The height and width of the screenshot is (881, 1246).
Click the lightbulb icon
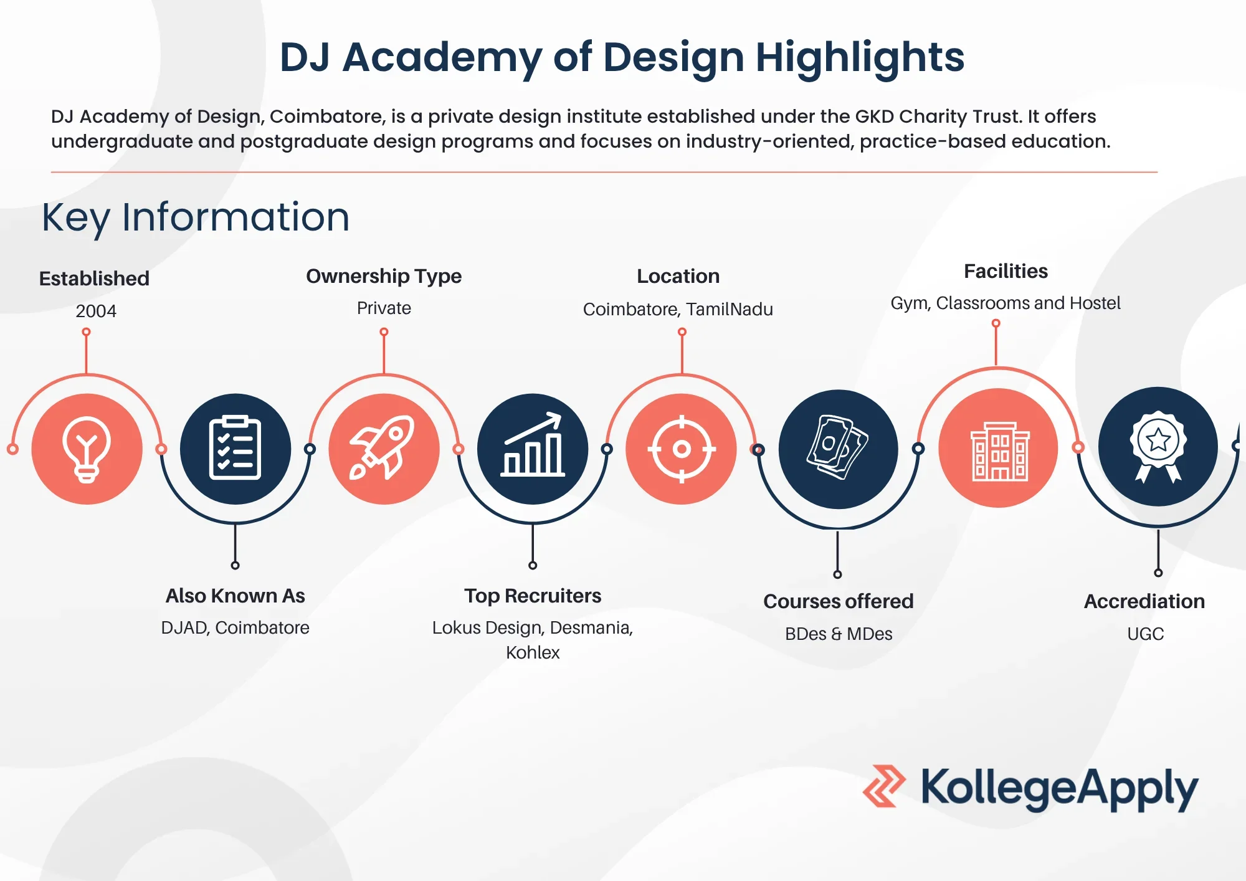click(87, 449)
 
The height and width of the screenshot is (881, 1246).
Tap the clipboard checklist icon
click(235, 449)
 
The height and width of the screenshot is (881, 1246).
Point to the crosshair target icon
click(682, 449)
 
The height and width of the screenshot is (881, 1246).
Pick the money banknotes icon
click(838, 449)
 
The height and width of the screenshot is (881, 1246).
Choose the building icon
click(999, 449)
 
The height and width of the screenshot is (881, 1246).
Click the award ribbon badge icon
click(1158, 446)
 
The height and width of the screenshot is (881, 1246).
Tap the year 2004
click(96, 311)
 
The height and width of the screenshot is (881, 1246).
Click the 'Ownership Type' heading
click(384, 276)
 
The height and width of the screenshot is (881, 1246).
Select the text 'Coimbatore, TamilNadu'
click(678, 309)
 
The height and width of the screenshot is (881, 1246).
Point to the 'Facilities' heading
click(1006, 271)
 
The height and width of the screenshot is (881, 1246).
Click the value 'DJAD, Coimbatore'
click(235, 627)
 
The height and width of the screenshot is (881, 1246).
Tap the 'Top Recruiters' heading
click(533, 596)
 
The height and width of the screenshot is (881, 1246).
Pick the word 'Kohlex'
click(533, 652)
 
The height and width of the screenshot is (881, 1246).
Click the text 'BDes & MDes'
click(839, 634)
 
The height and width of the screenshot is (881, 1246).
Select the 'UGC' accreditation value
click(1145, 634)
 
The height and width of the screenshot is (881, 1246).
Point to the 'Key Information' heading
click(196, 217)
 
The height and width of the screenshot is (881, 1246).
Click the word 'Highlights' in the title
click(860, 57)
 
